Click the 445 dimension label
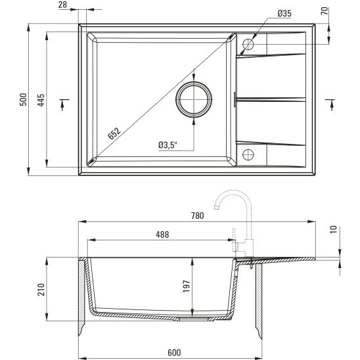pyautogui.click(x=41, y=101)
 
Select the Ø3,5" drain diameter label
pyautogui.click(x=168, y=145)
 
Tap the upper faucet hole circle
pyautogui.click(x=248, y=45)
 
